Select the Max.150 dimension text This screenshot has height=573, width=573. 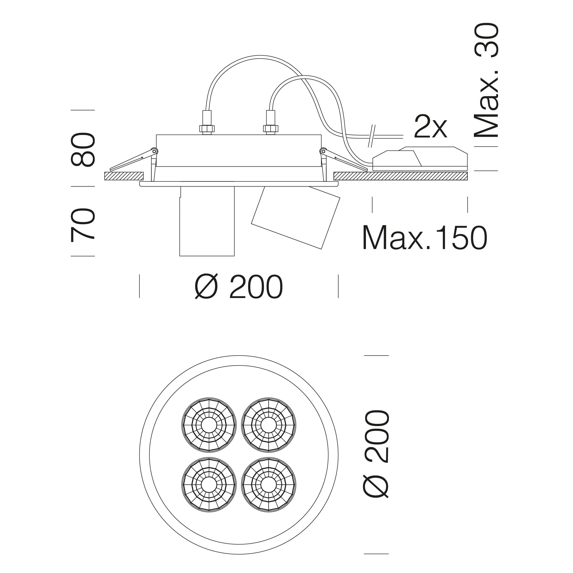[425, 238]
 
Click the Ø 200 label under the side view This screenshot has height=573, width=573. [239, 286]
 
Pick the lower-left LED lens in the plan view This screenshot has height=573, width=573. [209, 485]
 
